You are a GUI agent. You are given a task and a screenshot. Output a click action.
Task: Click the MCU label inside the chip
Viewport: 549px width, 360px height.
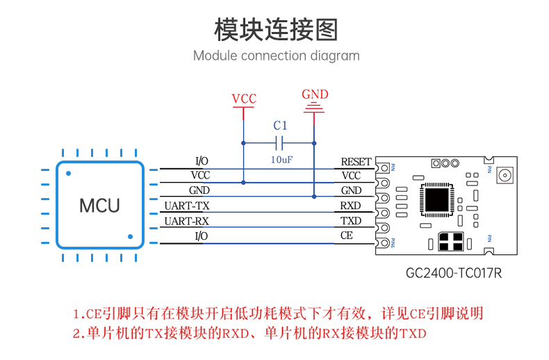click(x=99, y=206)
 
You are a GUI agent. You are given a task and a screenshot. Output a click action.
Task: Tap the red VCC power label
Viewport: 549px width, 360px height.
click(x=244, y=99)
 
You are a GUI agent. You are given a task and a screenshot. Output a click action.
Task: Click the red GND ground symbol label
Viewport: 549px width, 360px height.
click(x=315, y=95)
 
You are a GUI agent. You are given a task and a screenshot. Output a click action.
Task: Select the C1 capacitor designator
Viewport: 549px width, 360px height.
click(x=280, y=125)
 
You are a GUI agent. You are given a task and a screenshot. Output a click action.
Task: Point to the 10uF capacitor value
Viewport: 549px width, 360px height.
click(x=281, y=160)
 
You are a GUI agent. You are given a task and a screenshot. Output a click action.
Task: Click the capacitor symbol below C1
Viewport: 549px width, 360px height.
click(x=279, y=143)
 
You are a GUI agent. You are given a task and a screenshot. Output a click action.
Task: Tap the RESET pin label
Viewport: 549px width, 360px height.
click(x=356, y=162)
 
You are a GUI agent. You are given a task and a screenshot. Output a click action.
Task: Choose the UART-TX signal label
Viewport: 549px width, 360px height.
click(x=187, y=206)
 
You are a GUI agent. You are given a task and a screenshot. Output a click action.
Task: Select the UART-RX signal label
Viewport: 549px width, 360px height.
click(x=187, y=221)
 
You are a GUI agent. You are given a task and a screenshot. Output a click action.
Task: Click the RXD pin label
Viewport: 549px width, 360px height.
click(x=350, y=206)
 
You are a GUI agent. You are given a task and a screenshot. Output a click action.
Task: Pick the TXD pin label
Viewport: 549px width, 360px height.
click(x=351, y=221)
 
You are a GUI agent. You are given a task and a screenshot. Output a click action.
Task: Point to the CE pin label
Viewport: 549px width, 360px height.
click(x=347, y=236)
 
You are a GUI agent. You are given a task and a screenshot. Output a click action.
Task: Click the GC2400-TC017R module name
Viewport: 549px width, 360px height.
click(x=454, y=273)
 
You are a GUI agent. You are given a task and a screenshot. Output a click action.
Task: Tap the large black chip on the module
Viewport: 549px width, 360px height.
click(x=436, y=199)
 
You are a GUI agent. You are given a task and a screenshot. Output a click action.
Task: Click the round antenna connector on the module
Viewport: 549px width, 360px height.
click(x=505, y=175)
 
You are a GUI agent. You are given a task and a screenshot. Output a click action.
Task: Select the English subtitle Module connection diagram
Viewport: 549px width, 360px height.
click(x=277, y=56)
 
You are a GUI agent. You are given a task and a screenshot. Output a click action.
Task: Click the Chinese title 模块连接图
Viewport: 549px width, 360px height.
click(x=276, y=30)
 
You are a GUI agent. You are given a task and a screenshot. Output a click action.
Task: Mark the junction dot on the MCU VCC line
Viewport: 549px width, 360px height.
click(x=243, y=183)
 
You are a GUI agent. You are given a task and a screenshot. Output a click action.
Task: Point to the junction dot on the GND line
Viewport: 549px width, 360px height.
click(x=314, y=197)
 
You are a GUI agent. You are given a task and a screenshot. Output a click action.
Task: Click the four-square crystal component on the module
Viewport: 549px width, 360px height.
click(x=451, y=242)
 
